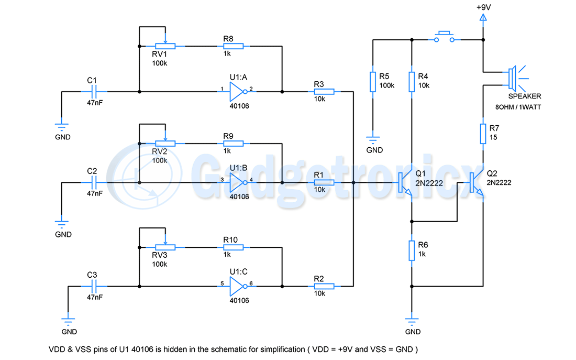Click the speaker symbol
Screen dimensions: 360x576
[512, 78]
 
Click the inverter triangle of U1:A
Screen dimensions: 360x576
[236, 92]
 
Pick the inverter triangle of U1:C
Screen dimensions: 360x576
[236, 287]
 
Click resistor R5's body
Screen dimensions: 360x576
[372, 81]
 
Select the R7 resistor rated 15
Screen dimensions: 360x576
[483, 133]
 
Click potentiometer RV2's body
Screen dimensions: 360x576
[165, 143]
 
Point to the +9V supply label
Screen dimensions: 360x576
[483, 8]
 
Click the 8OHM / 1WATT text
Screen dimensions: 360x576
[518, 107]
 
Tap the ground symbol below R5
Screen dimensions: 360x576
[372, 139]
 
